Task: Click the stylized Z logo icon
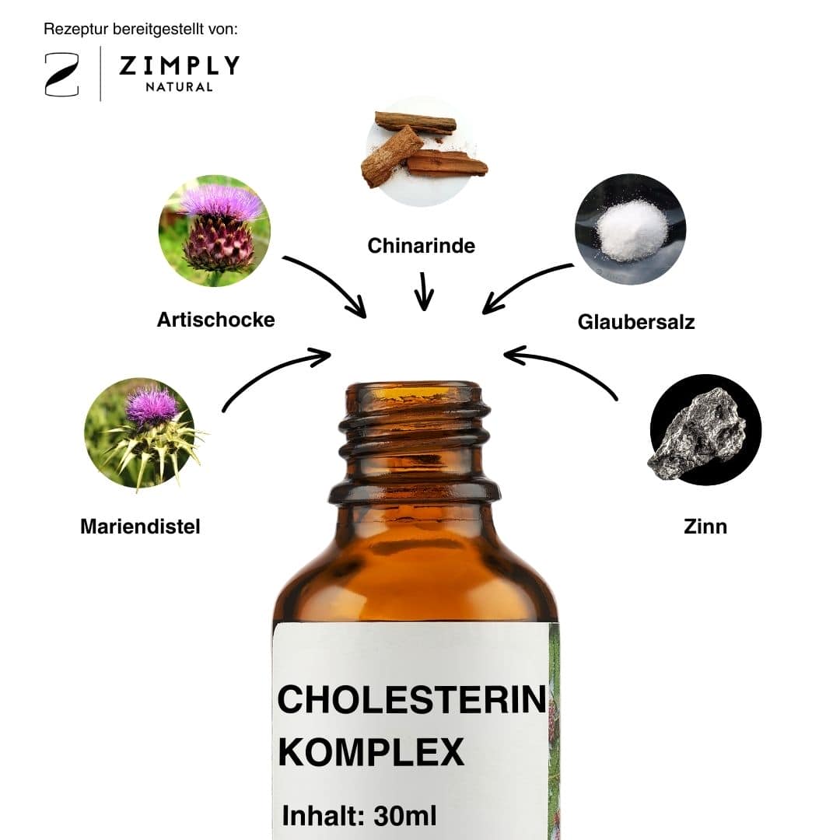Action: click(x=61, y=75)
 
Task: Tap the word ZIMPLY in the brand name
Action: click(x=180, y=65)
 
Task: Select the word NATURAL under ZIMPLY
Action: click(x=180, y=87)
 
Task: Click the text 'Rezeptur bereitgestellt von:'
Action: click(x=140, y=29)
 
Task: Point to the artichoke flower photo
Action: click(x=215, y=231)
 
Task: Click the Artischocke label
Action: click(x=216, y=320)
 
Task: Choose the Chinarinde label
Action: click(x=422, y=246)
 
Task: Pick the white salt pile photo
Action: click(x=631, y=229)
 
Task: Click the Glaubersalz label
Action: click(x=636, y=322)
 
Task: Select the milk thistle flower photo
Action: click(x=142, y=434)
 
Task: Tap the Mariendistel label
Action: click(x=140, y=527)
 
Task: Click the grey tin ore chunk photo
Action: click(x=705, y=430)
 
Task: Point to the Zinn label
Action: click(x=705, y=527)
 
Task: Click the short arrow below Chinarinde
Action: click(x=424, y=291)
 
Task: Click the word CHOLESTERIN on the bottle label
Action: click(x=411, y=700)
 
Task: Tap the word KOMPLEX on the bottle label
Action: click(x=371, y=752)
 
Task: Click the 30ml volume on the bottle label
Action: click(x=405, y=816)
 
